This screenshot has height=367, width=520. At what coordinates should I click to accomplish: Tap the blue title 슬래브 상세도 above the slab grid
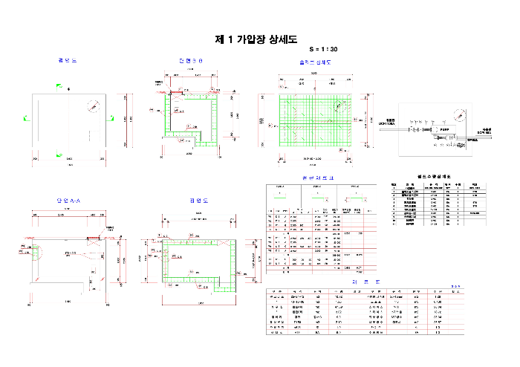(316, 62)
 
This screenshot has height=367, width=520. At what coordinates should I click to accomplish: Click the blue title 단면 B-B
(192, 60)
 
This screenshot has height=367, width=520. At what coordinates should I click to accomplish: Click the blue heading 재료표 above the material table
(360, 282)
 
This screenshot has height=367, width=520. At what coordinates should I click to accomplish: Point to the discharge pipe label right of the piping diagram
(487, 129)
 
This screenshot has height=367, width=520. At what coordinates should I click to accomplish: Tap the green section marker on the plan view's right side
(113, 117)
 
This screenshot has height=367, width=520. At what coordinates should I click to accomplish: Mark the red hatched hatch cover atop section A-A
(94, 239)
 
